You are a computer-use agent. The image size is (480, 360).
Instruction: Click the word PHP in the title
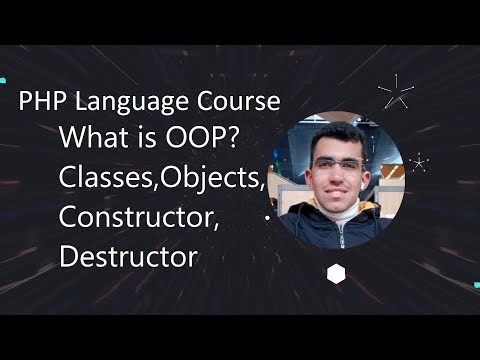(41, 103)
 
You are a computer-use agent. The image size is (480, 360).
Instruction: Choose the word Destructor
(128, 255)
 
